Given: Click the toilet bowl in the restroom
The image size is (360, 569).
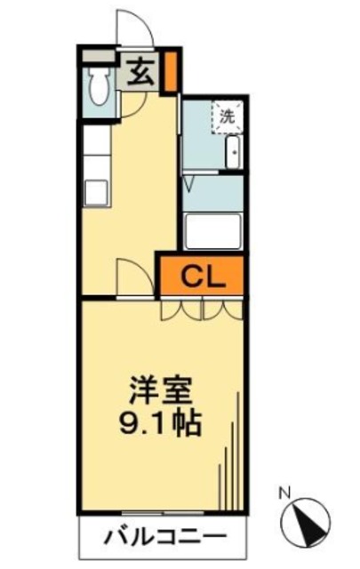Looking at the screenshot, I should [99, 86].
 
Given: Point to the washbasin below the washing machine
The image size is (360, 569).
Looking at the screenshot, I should [233, 152].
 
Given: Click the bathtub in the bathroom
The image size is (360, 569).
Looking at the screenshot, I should [213, 231].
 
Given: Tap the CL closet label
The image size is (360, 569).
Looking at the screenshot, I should [204, 275].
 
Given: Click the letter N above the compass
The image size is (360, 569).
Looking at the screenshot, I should [285, 490].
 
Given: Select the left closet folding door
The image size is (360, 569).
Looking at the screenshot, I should [181, 309].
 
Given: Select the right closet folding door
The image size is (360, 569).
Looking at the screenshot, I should [223, 309].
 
